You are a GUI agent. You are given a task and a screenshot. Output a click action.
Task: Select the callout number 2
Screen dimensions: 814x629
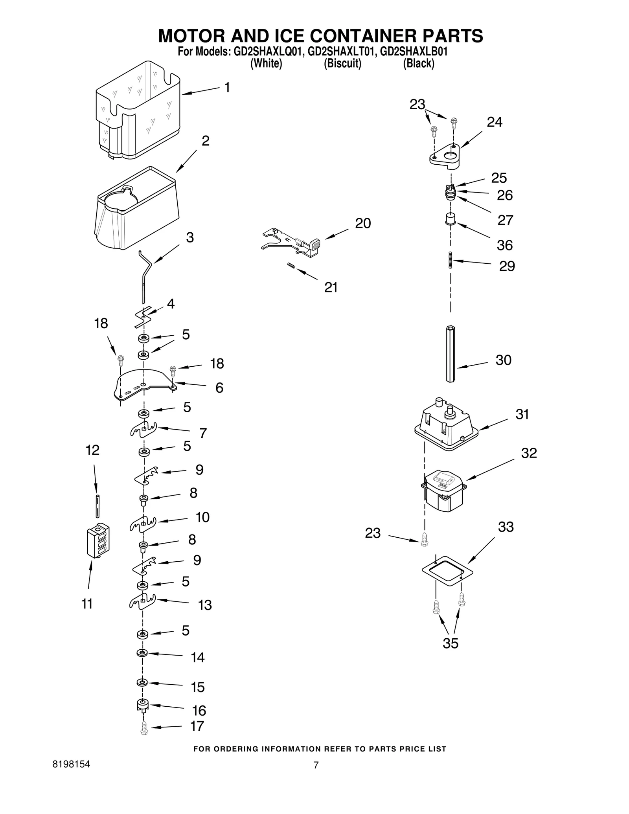(x=205, y=141)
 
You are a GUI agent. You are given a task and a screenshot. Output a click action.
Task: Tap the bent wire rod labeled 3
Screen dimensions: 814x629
(x=145, y=275)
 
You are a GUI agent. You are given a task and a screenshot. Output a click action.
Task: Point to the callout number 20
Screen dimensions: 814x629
(x=362, y=223)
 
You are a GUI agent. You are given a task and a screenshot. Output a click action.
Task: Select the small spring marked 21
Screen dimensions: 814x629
(x=291, y=266)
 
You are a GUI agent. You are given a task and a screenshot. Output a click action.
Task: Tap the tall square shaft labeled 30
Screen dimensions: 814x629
(x=450, y=353)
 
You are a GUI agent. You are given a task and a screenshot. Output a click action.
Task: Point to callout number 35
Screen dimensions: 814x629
(x=450, y=643)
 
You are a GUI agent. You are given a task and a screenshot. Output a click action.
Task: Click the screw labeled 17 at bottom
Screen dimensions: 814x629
(x=144, y=728)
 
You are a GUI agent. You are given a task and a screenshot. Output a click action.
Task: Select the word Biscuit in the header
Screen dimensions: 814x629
(x=342, y=63)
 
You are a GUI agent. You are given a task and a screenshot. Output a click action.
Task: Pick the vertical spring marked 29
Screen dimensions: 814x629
(x=451, y=260)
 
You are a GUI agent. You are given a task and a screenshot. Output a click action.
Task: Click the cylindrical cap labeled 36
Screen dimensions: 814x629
(x=450, y=218)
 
